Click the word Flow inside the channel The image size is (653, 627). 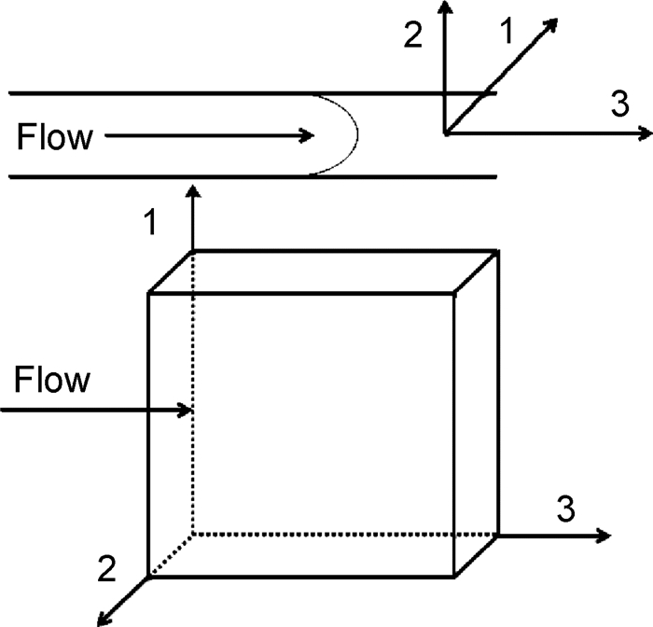[55, 138]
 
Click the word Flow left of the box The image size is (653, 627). [53, 381]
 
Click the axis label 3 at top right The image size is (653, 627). [619, 104]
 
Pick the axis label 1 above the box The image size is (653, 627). [148, 224]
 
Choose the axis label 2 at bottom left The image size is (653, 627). [106, 566]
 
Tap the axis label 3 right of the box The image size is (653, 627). [565, 509]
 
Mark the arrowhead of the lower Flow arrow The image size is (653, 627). [186, 410]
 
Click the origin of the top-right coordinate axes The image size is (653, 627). [447, 134]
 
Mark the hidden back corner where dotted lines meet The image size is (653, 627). [193, 535]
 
